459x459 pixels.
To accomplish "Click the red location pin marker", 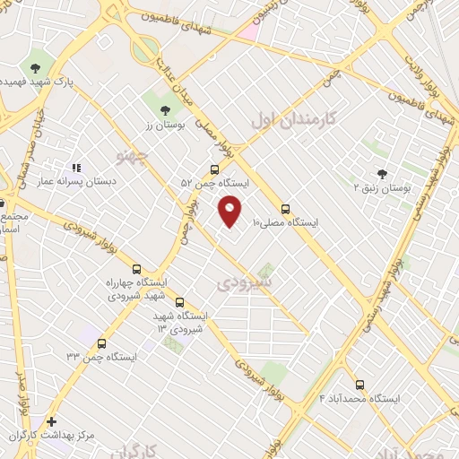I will [x=230, y=210].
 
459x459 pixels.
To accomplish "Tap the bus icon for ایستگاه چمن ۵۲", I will [x=213, y=169].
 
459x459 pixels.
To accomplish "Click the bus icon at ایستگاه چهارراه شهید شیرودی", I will [x=136, y=269].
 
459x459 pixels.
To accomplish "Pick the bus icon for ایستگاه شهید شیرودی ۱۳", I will [x=180, y=303].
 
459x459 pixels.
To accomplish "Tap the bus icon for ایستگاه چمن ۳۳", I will [x=101, y=343].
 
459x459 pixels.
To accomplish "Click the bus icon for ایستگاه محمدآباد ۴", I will [x=359, y=385].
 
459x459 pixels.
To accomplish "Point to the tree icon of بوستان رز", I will [x=164, y=110].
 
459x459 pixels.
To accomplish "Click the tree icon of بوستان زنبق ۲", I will [x=382, y=174].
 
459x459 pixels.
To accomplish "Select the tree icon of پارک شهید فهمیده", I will [x=35, y=67].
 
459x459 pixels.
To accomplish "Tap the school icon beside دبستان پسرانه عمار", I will [x=75, y=167].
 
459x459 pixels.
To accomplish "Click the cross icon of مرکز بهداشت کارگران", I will [x=51, y=421].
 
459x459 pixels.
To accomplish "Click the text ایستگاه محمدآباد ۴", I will [x=360, y=398].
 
